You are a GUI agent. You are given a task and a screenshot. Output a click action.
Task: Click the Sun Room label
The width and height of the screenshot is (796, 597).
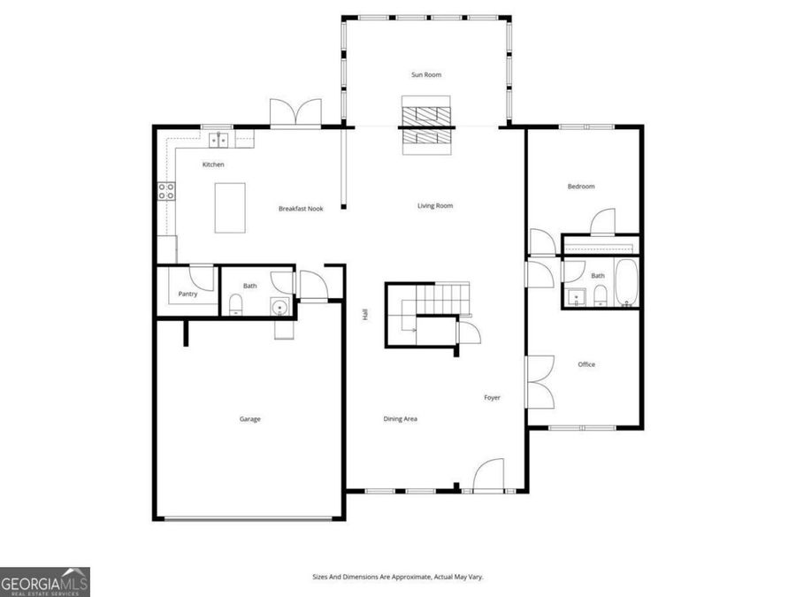pos(426,75)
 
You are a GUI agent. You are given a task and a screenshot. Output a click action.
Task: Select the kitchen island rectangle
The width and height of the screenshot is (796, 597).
pos(230,209)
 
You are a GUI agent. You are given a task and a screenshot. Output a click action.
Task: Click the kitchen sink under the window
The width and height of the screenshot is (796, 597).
pos(218,140)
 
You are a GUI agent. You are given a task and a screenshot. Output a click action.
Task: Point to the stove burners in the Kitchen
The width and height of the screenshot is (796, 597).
pos(165,193)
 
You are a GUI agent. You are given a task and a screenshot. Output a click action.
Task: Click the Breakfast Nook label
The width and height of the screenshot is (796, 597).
pos(301,209)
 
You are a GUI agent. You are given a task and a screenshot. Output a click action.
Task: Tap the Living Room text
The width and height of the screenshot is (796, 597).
pos(435,206)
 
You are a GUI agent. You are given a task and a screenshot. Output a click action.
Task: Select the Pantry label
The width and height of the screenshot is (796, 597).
pos(188,294)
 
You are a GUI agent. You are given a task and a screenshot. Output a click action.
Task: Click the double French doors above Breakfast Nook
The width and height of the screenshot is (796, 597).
pos(293,112)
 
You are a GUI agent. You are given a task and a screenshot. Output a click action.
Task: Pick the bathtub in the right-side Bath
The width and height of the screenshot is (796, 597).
pos(625,283)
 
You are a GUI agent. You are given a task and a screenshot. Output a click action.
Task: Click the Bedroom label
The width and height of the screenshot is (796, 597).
pos(580,187)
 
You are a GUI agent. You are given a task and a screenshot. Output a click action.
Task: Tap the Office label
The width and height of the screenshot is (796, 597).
pos(586,364)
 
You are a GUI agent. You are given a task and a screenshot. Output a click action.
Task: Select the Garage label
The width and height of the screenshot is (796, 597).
pos(249,419)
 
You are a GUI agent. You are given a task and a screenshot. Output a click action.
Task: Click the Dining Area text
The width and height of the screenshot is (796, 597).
pos(400,419)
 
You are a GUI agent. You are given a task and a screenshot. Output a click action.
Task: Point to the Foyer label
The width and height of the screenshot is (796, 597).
pos(492,398)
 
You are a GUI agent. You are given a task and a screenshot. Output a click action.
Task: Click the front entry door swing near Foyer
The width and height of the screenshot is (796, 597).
pos(489,475)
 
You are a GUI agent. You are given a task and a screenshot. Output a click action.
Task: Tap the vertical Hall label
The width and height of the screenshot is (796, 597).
pos(364,314)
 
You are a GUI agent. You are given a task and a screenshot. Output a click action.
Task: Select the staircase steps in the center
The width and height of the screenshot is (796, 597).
pos(442,295)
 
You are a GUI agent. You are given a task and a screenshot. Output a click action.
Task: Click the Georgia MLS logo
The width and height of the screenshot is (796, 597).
pos(44,582)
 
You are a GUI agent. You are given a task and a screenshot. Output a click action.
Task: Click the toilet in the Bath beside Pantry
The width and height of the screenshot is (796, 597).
pos(236,306)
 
